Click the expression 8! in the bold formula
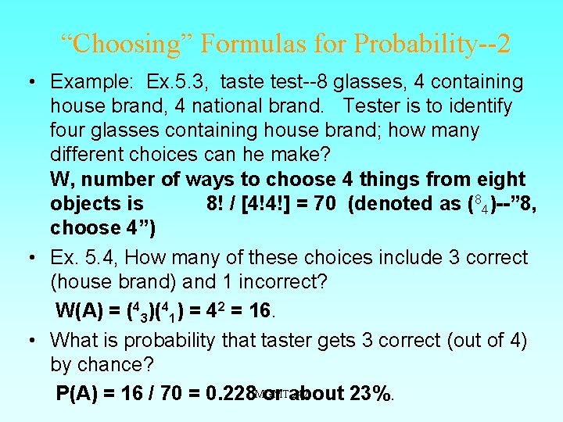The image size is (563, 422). tap(216, 203)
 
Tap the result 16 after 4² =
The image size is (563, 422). tap(257, 311)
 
